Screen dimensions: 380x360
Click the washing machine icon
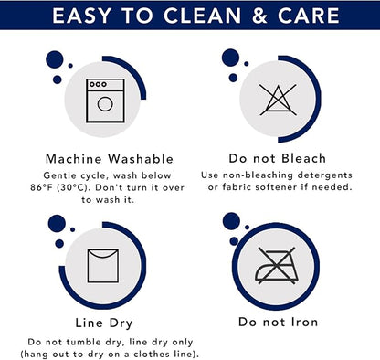(x=105, y=101)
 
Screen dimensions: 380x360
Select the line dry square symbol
(x=103, y=266)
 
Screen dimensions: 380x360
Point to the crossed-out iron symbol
(x=277, y=265)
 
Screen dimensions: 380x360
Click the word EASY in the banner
(x=81, y=16)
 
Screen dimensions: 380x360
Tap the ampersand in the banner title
(x=259, y=16)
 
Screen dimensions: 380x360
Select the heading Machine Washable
(x=110, y=159)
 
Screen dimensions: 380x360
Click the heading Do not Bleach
(x=278, y=158)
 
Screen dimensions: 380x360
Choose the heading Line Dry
(x=104, y=323)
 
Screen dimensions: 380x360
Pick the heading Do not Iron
(x=278, y=322)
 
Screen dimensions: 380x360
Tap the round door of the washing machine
(x=105, y=104)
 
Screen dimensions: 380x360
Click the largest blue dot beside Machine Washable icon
(x=55, y=59)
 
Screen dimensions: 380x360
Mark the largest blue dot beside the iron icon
(x=231, y=221)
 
